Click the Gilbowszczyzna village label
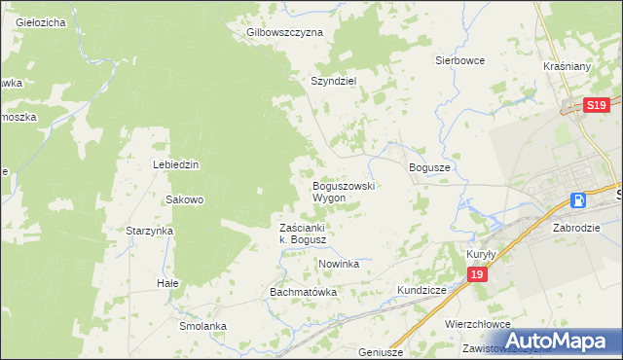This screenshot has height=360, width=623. [x=284, y=32]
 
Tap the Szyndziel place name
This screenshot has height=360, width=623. [x=334, y=82]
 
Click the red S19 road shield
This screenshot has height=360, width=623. [x=597, y=105]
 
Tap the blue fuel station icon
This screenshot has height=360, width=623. [x=578, y=200]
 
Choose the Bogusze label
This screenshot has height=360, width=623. [x=429, y=167]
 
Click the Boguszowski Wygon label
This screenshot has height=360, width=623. [x=343, y=191]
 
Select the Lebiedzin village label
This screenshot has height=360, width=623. [x=175, y=164]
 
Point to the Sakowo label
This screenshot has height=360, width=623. [x=184, y=199]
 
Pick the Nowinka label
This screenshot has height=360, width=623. [x=339, y=264]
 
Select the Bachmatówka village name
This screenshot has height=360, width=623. [x=303, y=292]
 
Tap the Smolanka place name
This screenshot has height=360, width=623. [x=202, y=326]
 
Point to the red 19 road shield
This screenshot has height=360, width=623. [x=476, y=276]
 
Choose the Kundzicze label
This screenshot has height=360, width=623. [x=421, y=291]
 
